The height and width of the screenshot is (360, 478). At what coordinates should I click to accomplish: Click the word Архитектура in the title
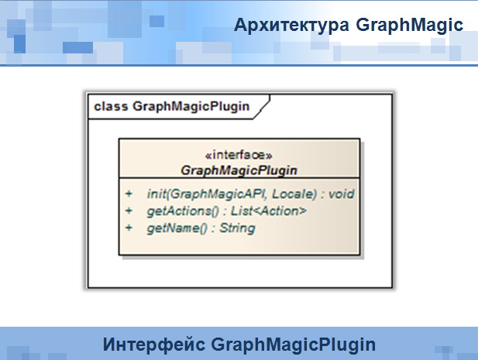pos(291,25)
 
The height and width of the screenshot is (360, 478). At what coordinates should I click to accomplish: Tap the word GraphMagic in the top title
pos(410,26)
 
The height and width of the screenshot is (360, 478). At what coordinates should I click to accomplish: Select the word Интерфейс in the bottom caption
pos(154,345)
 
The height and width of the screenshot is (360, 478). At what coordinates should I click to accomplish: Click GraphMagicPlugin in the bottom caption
pos(294,345)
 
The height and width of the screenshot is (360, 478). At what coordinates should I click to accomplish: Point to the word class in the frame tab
pos(111,106)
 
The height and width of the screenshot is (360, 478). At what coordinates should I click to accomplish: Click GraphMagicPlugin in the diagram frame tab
pos(191,107)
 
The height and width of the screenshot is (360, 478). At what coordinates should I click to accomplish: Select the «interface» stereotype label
pos(239,155)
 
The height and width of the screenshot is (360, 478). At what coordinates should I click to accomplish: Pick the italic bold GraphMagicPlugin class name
pos(239,170)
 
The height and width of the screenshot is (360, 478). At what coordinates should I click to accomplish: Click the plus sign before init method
pos(129,194)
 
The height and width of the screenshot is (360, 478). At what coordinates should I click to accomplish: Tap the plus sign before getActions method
pos(129,211)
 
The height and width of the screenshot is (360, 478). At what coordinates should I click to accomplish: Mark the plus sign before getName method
pos(129,228)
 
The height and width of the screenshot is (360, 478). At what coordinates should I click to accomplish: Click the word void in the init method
pos(342,194)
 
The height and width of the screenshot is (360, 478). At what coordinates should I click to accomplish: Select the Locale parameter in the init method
pos(294,194)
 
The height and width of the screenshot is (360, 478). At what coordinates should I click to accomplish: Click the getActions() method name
pos(183,211)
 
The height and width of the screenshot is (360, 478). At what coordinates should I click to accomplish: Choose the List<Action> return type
pos(269,211)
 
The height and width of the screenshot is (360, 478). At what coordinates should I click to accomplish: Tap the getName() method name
pos(177,228)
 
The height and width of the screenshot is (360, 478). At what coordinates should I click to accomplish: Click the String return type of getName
pos(238,228)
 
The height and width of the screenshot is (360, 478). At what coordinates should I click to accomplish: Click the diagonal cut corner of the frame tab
pos(262,107)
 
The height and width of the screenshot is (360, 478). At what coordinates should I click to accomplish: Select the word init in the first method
pos(156,194)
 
